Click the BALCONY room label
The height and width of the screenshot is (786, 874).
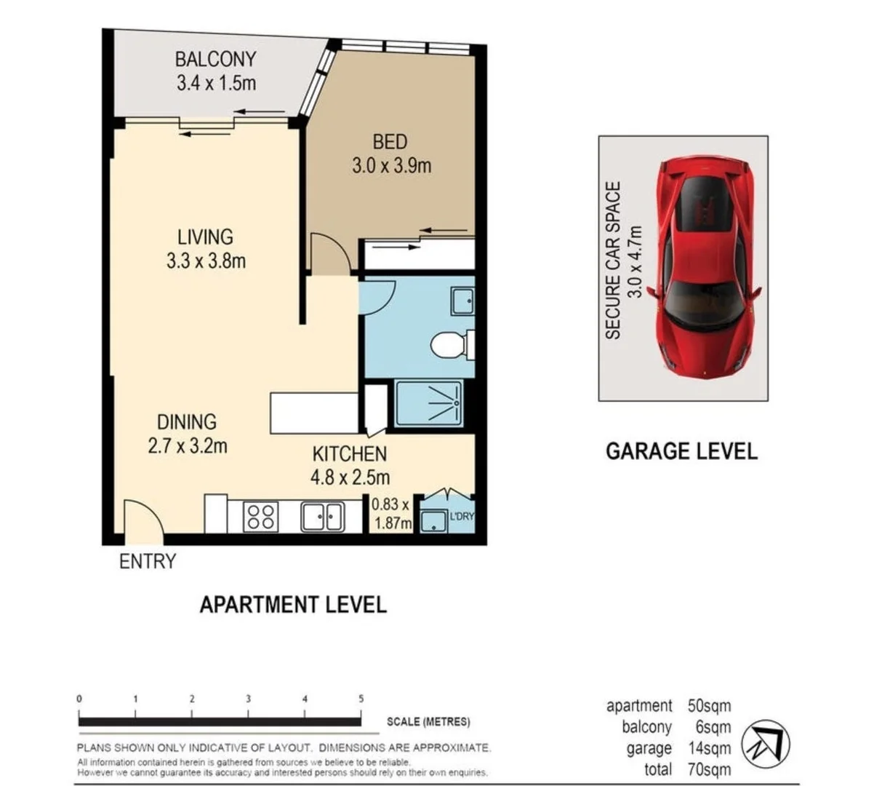click(x=215, y=59)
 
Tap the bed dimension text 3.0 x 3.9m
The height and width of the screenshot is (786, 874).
click(x=391, y=166)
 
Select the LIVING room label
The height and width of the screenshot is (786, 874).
click(x=205, y=237)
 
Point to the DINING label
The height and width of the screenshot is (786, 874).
click(x=187, y=422)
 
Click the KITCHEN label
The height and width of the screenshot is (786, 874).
click(x=349, y=454)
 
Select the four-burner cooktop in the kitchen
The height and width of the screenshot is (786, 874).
click(x=260, y=517)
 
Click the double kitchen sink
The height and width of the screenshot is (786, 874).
click(x=322, y=517)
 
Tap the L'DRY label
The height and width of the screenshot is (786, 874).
click(x=461, y=516)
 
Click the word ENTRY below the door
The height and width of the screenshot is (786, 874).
click(x=148, y=562)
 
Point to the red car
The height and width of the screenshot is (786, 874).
click(x=704, y=266)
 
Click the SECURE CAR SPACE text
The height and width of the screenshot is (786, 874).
click(x=613, y=261)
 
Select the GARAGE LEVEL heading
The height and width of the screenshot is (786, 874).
click(x=681, y=451)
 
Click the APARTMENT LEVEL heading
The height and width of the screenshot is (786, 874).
click(x=293, y=605)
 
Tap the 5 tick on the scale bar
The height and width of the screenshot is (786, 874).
click(x=361, y=699)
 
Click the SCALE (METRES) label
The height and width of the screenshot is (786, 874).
click(x=428, y=722)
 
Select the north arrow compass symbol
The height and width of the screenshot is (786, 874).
click(x=765, y=745)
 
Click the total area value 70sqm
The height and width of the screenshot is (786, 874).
click(x=709, y=769)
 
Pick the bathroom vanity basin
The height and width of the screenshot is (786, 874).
click(x=461, y=301)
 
